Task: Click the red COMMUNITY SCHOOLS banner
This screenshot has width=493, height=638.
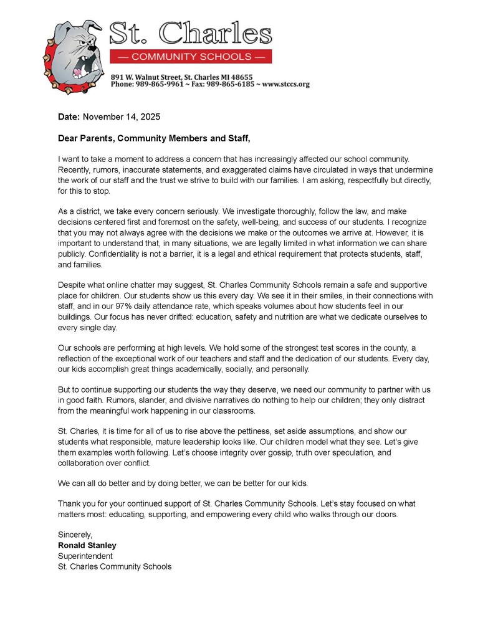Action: (x=191, y=56)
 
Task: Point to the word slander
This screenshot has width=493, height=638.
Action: (x=134, y=400)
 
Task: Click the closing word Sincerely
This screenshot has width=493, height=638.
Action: (x=75, y=535)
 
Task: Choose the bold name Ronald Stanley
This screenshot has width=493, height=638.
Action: (x=87, y=545)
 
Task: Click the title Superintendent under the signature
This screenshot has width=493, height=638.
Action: (x=85, y=556)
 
